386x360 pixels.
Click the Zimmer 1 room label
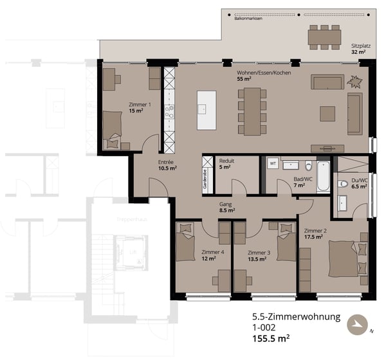[140, 107]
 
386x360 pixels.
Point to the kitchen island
[207, 110]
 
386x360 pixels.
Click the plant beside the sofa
[354, 82]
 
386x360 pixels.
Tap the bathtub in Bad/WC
[323, 175]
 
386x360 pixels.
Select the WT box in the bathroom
[272, 163]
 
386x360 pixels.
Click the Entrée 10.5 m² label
[167, 165]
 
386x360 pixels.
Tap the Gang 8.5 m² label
[226, 206]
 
